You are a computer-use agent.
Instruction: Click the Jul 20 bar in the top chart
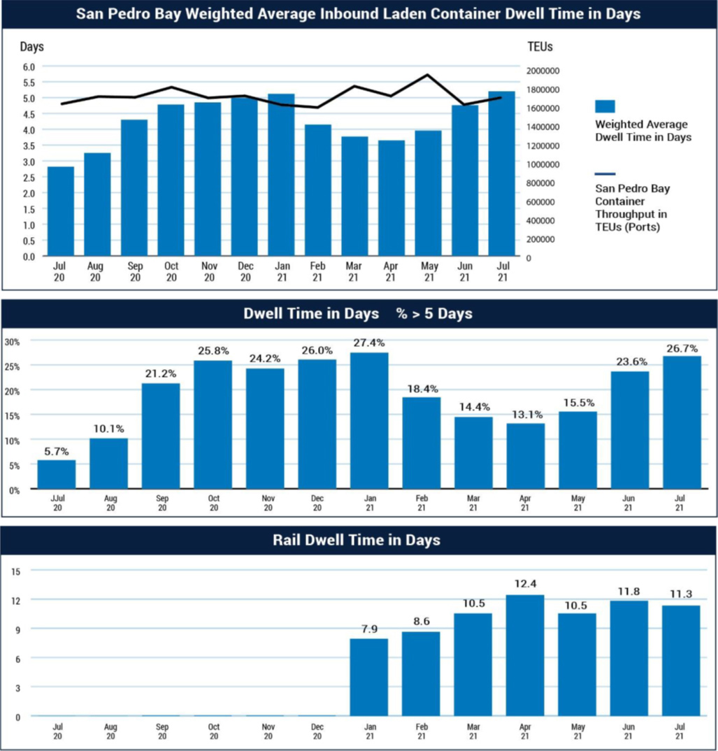pos(61,211)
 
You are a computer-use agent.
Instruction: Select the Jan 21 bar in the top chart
pos(281,175)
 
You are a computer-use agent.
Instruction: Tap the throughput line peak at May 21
pos(428,75)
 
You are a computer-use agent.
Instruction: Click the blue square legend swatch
pos(605,106)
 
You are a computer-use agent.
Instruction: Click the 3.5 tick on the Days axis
pos(29,145)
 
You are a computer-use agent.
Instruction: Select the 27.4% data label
pos(369,343)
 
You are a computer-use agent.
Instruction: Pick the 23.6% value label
pos(630,362)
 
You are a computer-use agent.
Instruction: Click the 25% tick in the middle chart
pos(13,366)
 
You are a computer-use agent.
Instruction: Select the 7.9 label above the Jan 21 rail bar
pos(369,628)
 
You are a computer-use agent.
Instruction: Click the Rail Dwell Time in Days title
pos(358,540)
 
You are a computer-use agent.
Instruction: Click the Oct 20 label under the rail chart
pos(214,732)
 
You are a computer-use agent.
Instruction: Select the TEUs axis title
pos(539,47)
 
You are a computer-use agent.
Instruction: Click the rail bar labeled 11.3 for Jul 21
pos(682,660)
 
